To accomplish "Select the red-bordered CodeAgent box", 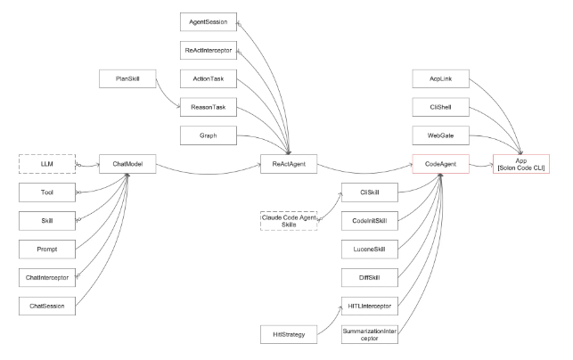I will coord(438,165).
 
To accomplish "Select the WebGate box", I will coord(438,135).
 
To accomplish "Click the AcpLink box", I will coord(438,78).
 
